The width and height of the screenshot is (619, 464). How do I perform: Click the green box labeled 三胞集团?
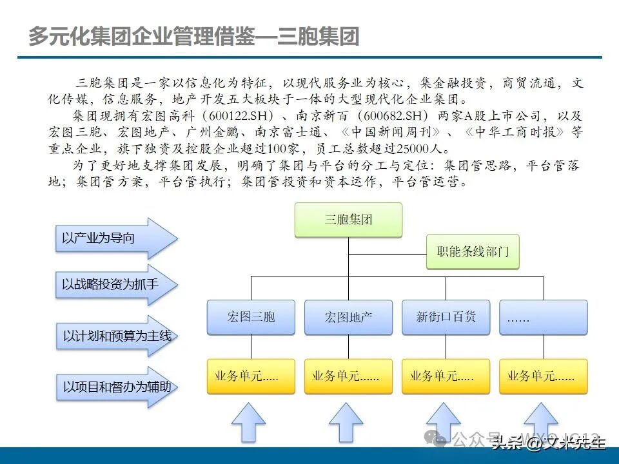point(348,220)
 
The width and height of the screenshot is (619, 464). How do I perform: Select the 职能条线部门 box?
point(473,252)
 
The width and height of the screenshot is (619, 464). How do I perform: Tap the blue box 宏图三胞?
point(251,316)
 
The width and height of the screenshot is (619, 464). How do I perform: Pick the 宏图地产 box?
point(348,316)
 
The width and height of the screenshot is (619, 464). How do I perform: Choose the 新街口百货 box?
point(446,316)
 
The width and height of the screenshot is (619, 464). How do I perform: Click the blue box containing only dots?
point(543,316)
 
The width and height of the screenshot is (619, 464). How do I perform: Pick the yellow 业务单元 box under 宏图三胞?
point(251,376)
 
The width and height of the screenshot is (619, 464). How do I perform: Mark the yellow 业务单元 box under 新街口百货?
point(446,376)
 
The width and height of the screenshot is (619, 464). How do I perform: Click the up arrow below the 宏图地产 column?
point(346,423)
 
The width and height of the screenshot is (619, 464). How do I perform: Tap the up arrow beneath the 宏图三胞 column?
point(248,423)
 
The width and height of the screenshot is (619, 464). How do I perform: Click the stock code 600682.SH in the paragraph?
point(395,117)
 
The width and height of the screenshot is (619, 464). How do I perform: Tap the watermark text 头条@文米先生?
point(548,443)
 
